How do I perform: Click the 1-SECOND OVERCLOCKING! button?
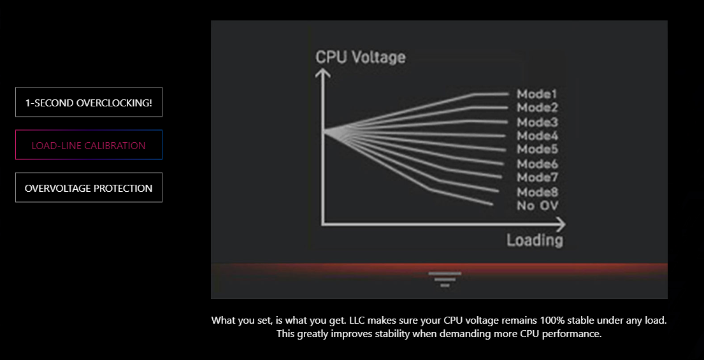point(89,103)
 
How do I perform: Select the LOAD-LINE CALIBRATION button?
point(89,145)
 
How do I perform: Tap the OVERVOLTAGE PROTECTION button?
point(89,187)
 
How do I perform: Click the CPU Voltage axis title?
point(361,57)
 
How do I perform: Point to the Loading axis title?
point(535,240)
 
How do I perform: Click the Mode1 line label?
point(537,94)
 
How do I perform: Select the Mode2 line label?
point(537,108)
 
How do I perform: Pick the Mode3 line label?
point(537,122)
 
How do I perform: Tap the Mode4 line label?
point(537,136)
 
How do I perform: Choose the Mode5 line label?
point(537,149)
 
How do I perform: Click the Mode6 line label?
point(537,164)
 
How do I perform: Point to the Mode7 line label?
point(537,177)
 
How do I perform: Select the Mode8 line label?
point(537,192)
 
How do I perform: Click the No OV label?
point(538,206)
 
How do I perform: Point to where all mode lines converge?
point(324,131)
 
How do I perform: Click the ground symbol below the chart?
point(445,279)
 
